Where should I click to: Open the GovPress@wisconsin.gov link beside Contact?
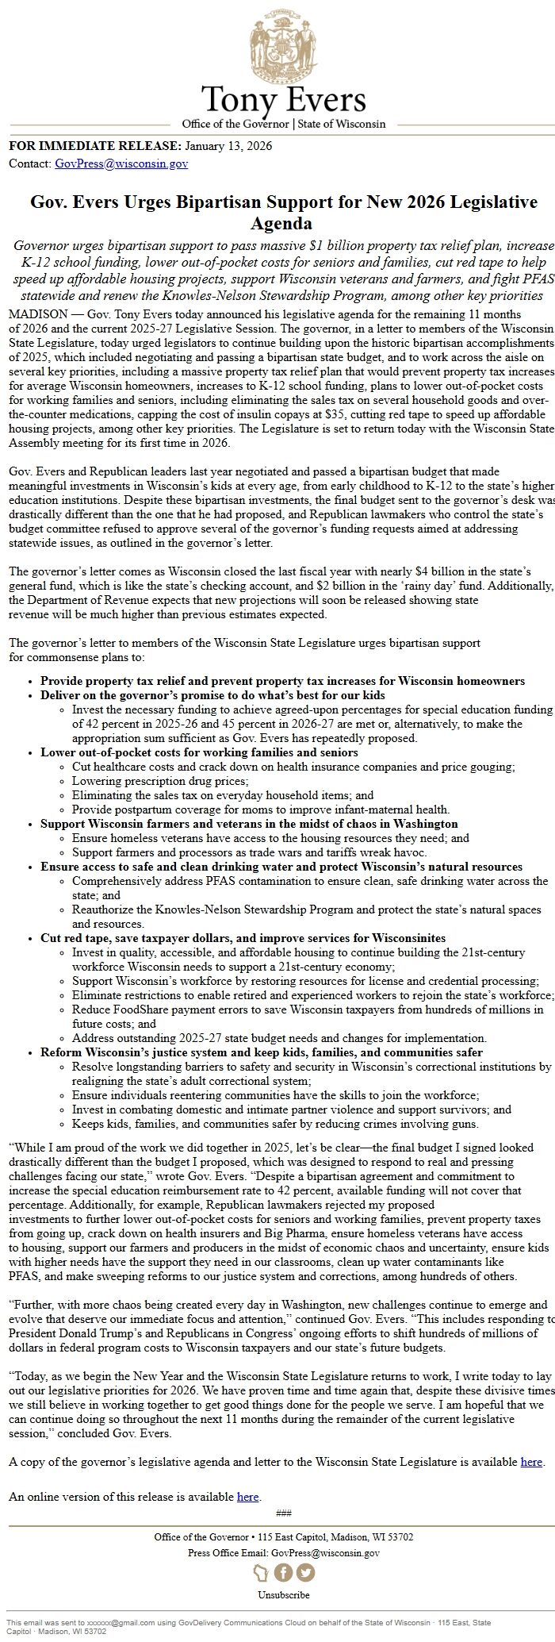pos(121,163)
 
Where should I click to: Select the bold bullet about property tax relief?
pos(282,681)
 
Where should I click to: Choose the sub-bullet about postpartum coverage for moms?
pos(260,809)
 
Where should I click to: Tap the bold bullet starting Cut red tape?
pos(243,938)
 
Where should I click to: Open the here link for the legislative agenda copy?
pos(531,1461)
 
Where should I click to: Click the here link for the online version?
pos(247,1497)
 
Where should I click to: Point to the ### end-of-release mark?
pos(283,1513)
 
